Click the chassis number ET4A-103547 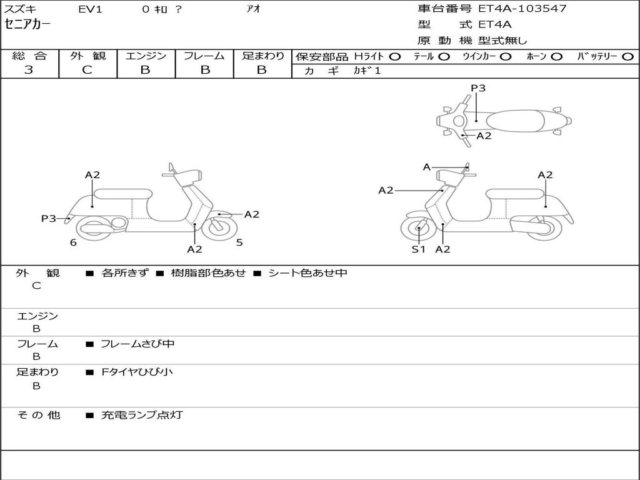tap(522, 9)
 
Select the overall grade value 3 tap(29, 70)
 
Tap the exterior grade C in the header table tap(87, 70)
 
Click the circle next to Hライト tap(395, 57)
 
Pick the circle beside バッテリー tap(627, 57)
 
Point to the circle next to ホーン tap(556, 57)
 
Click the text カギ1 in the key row tap(367, 71)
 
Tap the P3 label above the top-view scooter tap(478, 88)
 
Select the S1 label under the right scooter tap(418, 249)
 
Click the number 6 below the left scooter tap(73, 242)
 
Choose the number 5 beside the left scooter tap(239, 242)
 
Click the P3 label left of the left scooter tap(49, 219)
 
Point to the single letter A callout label tap(426, 167)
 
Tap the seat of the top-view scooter tap(515, 121)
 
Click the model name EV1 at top tap(90, 9)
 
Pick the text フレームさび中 tap(137, 344)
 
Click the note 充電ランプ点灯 tap(142, 415)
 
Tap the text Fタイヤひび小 tap(137, 372)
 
